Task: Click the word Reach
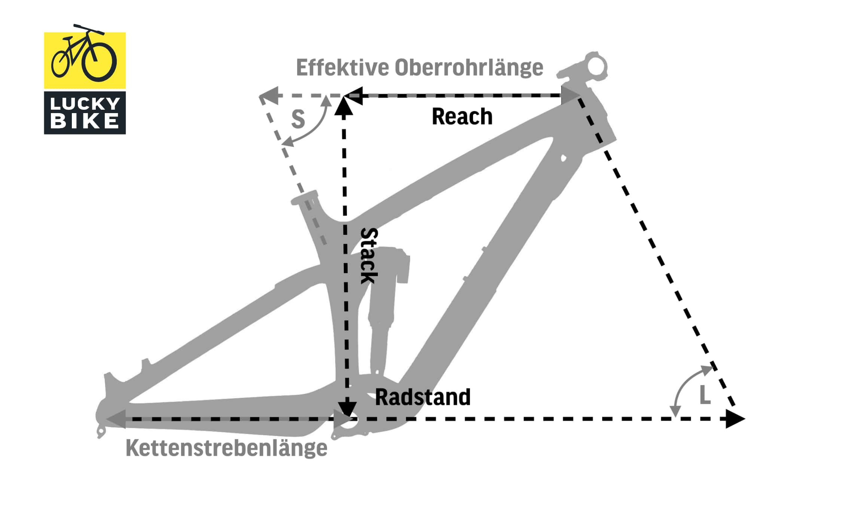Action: (x=462, y=116)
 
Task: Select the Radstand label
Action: (x=422, y=397)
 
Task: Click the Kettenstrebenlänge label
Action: (x=226, y=448)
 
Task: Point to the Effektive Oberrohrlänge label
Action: (x=419, y=67)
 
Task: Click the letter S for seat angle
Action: (x=298, y=119)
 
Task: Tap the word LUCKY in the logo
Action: (x=85, y=104)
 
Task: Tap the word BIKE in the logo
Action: (x=85, y=121)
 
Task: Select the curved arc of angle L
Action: (x=685, y=386)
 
